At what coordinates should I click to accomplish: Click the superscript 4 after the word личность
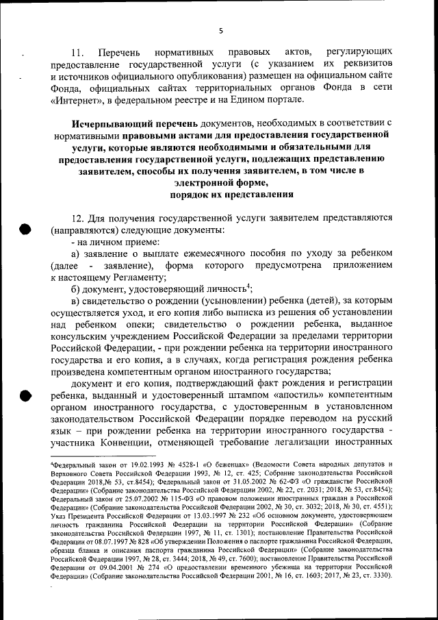[x=249, y=286]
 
